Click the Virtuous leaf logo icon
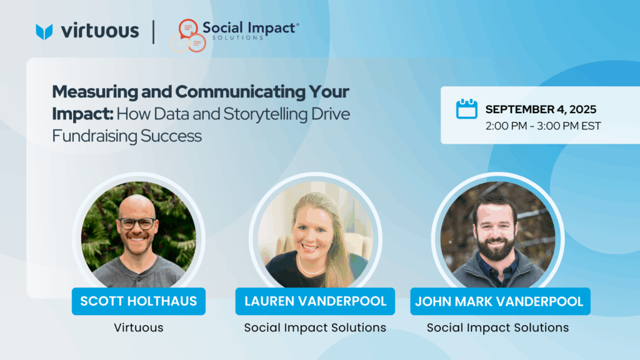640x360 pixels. (44, 31)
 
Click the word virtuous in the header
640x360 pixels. (100, 31)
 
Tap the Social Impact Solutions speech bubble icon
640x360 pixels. (188, 36)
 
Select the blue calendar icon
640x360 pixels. (466, 109)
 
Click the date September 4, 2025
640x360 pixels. (541, 109)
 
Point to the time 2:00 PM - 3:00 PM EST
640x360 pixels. (543, 126)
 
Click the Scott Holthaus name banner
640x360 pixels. (139, 301)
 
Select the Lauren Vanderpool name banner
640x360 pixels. (315, 301)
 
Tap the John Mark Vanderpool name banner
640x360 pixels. (501, 301)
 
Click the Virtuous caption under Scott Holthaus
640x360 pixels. (139, 327)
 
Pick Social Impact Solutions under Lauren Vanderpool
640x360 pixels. (315, 327)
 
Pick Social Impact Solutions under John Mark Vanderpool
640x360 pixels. (498, 327)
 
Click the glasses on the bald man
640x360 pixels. (137, 223)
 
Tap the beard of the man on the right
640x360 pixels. (496, 247)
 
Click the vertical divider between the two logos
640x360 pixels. (154, 32)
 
